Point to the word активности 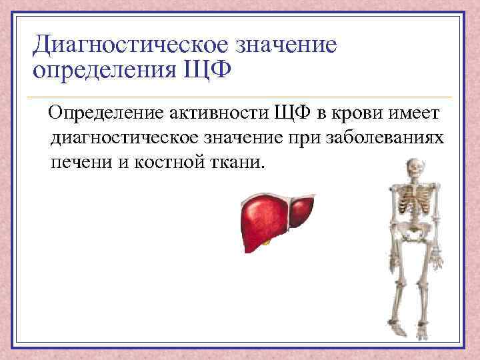215,114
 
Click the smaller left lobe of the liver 303,211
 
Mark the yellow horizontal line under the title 240,97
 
